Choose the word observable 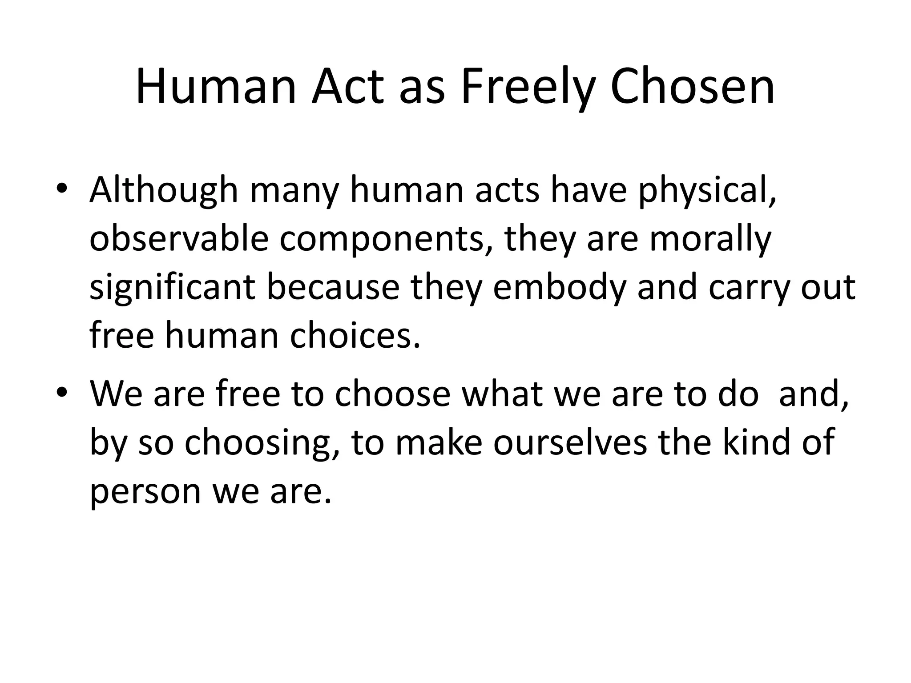(179, 239)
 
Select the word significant (172, 288)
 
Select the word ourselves (570, 443)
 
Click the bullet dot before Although (62, 189)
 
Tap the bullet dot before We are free (62, 393)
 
